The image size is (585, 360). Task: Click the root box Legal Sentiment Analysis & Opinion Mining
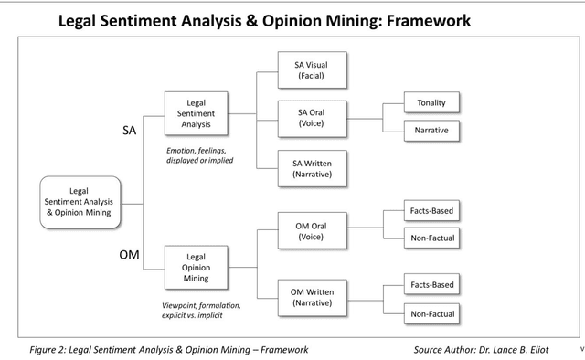(79, 200)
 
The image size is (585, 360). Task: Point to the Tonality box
(431, 103)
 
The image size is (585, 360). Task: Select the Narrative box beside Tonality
(431, 131)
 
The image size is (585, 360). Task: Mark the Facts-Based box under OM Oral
(431, 211)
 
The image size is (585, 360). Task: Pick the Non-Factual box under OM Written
(431, 314)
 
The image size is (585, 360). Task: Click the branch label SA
(130, 131)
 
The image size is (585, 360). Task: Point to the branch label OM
(129, 254)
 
